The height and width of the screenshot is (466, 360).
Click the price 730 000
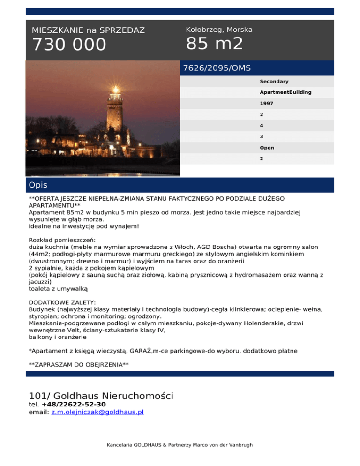click(69, 45)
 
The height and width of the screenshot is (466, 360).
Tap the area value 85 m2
click(214, 44)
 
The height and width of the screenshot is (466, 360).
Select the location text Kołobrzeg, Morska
click(219, 30)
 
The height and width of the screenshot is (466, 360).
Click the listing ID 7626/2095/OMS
click(217, 68)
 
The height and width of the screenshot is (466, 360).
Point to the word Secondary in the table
click(274, 82)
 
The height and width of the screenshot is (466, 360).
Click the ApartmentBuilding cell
click(285, 92)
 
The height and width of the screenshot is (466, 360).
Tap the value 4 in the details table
click(262, 126)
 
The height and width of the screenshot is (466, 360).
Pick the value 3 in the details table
click(262, 136)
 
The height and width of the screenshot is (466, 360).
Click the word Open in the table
click(267, 148)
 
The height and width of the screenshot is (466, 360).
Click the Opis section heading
click(38, 185)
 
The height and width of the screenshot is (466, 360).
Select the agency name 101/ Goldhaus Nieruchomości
click(101, 396)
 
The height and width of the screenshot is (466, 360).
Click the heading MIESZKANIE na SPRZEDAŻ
click(88, 30)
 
